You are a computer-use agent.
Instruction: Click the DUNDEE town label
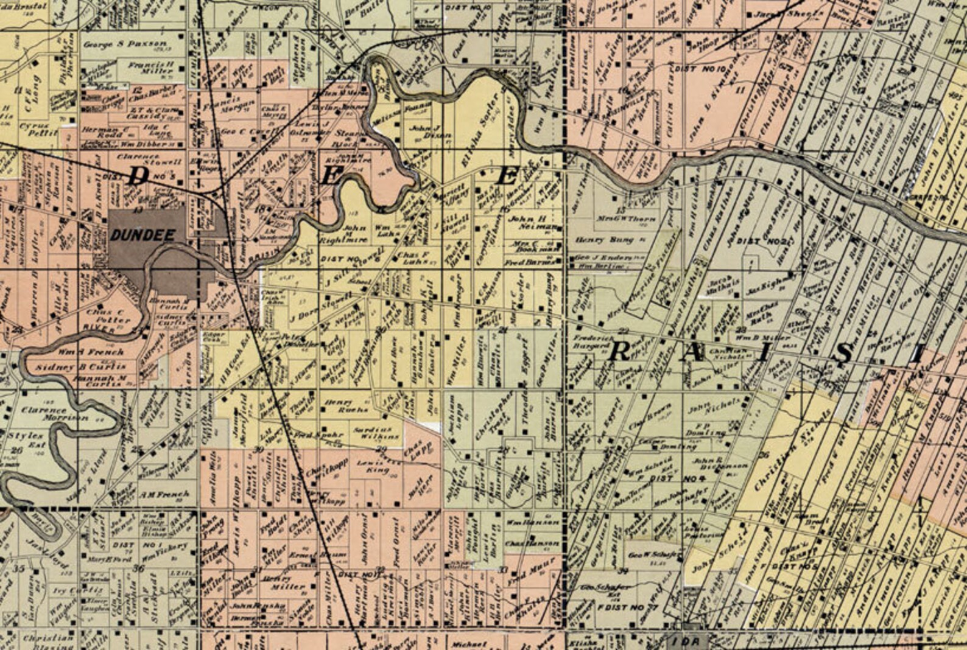144,236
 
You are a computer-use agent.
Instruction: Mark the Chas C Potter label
105,316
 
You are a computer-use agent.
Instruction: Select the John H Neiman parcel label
532,222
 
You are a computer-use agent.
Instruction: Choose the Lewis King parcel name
373,467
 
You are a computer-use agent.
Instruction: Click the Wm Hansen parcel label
524,522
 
